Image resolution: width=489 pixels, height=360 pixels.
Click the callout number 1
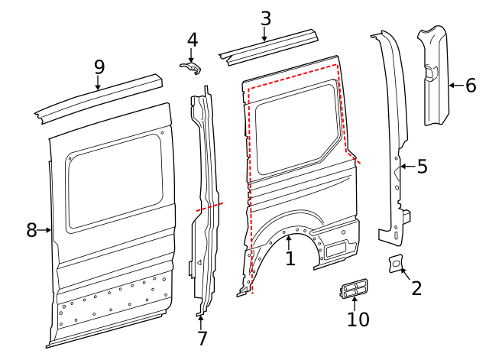290,258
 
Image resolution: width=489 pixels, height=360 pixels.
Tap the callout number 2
416,287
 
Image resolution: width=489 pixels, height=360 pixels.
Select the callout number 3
265,18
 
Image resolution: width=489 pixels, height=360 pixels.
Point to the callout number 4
192,39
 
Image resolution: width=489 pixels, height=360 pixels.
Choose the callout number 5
422,166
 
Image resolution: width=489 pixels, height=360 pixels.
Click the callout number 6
470,85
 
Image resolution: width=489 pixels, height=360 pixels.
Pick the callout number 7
202,338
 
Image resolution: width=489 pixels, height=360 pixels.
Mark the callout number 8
31,229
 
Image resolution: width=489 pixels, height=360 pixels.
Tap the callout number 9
99,66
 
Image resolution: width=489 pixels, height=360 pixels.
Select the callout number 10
358,319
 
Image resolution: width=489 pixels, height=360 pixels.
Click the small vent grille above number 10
352,289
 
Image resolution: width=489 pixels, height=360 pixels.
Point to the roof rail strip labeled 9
99,96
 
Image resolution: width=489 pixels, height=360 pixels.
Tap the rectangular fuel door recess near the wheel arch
335,248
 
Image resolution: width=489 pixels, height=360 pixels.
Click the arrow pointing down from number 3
265,34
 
